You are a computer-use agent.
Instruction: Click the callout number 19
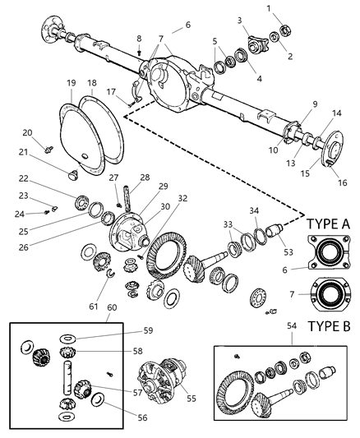72,83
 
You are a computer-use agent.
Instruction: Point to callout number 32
182,198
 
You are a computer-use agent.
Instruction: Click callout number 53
287,241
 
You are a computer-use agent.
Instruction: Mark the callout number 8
139,39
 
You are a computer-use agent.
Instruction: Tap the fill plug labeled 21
72,173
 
